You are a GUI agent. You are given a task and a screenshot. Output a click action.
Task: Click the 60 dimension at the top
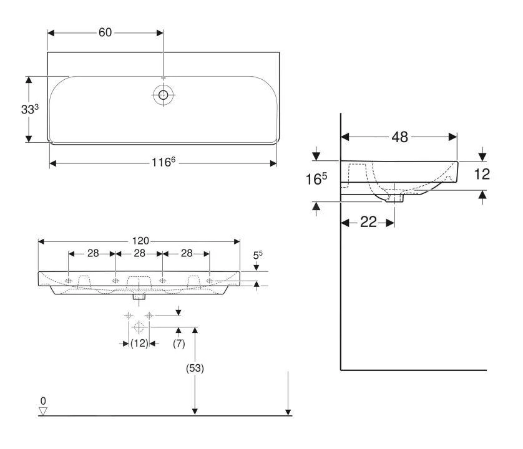(x=105, y=32)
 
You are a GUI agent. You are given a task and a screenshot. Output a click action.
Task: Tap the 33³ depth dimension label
(x=30, y=109)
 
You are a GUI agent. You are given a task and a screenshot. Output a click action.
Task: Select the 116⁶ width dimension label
(x=164, y=162)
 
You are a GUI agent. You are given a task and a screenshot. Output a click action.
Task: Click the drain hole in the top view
(x=163, y=95)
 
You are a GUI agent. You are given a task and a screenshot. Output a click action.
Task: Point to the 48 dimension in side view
(x=399, y=137)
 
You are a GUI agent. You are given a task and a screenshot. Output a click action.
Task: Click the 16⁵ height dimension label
(x=316, y=179)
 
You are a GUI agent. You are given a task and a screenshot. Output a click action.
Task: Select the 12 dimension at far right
(x=482, y=174)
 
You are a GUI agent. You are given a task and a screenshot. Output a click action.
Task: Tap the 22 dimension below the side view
(x=368, y=222)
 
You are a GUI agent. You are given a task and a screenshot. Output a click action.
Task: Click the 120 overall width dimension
(x=140, y=241)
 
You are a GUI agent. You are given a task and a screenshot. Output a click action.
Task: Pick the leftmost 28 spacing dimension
(x=93, y=253)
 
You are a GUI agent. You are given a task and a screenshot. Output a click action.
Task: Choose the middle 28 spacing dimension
(x=139, y=253)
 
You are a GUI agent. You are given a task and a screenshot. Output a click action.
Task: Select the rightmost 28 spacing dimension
(x=187, y=253)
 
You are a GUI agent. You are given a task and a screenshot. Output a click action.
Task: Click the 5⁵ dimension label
(x=258, y=255)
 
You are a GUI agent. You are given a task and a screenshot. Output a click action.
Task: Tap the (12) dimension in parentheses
(x=139, y=343)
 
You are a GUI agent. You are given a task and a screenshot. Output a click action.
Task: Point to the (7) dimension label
(x=178, y=344)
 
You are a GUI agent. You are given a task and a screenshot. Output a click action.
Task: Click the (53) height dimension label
(x=195, y=368)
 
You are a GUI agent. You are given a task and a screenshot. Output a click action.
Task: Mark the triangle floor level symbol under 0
(x=42, y=411)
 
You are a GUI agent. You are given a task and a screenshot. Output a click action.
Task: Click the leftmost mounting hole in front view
(x=69, y=281)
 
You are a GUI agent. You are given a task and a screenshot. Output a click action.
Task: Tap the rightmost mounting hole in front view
(x=210, y=281)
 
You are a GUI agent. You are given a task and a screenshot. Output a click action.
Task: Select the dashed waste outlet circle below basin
(x=139, y=327)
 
